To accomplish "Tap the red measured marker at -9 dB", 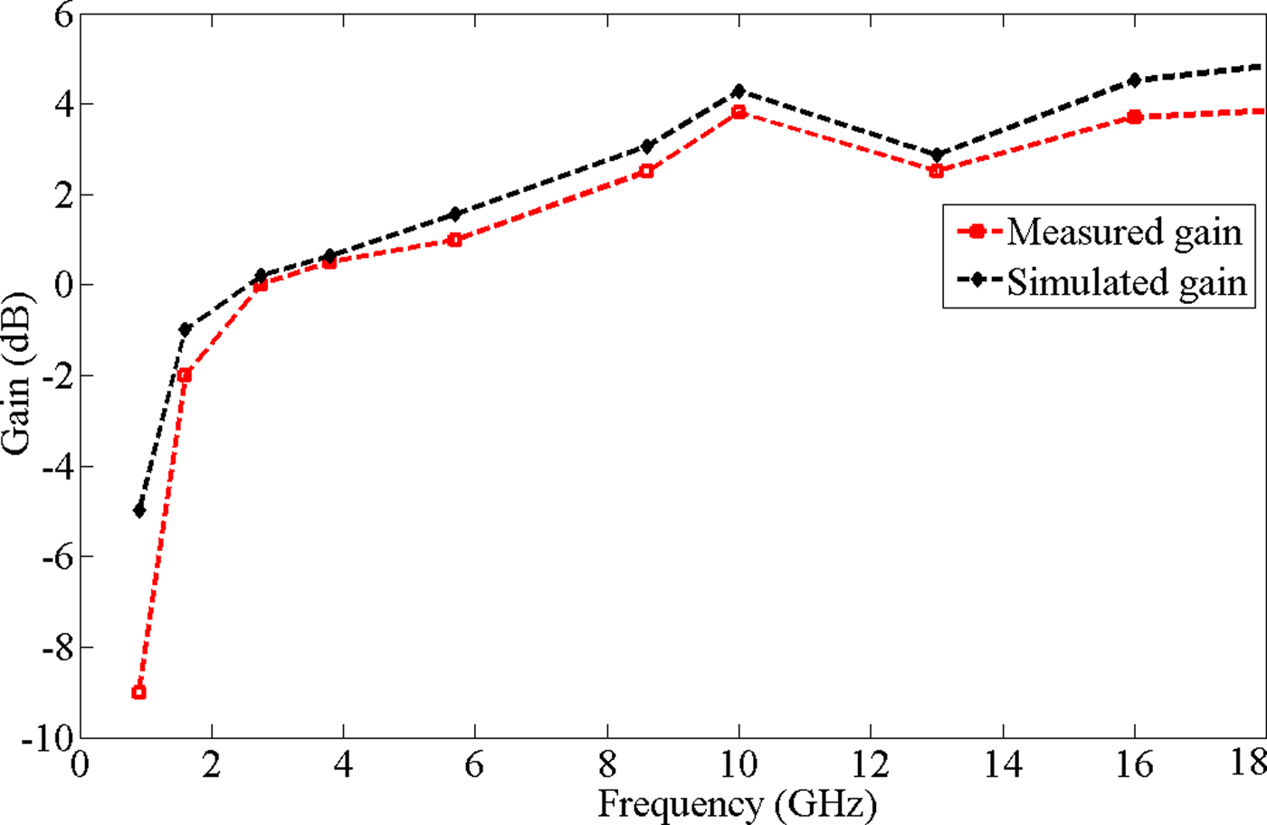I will (138, 692).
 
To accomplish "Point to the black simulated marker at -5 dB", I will (138, 510).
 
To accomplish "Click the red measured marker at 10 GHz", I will (738, 112).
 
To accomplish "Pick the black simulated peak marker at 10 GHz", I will (738, 90).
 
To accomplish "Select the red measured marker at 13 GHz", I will (936, 171).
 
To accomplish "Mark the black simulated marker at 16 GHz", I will (1134, 81).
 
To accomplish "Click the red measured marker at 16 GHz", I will (1134, 117).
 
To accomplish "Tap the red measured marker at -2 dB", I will (185, 375).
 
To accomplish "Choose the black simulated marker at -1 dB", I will (185, 329).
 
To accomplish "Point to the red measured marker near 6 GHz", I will (454, 240).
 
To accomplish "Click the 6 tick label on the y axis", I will (62, 14).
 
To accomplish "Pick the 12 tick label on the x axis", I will (870, 765).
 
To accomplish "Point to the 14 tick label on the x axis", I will (1002, 765).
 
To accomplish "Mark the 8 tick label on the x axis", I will (606, 765).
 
